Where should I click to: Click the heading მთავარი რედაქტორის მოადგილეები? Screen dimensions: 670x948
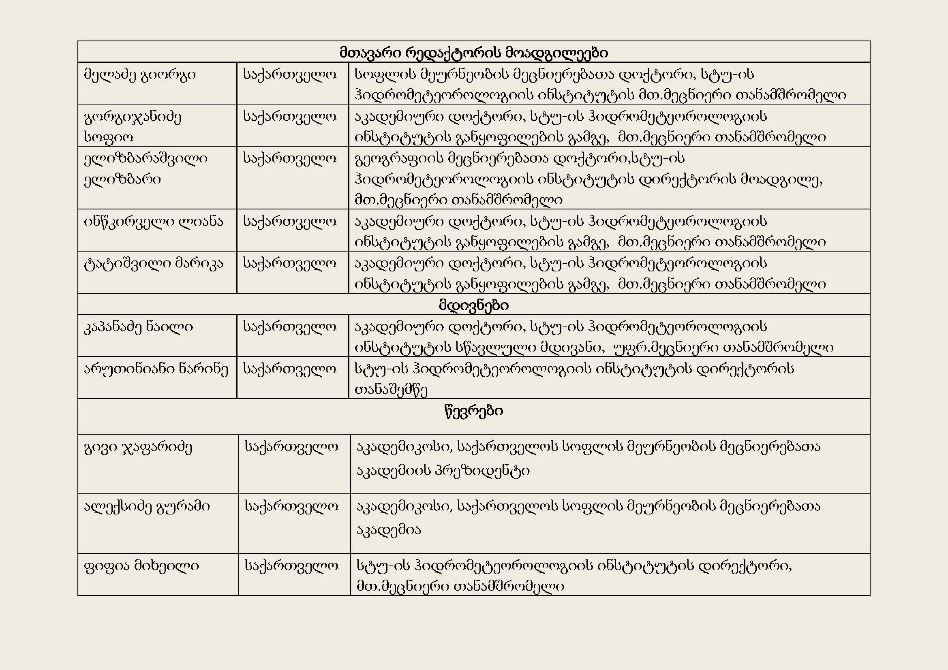coord(473,53)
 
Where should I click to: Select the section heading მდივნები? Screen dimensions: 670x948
coord(473,305)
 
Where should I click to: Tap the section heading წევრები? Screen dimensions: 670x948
coord(473,411)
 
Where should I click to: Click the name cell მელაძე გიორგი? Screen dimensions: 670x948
coord(139,75)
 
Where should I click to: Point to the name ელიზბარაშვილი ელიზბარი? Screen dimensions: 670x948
coord(146,169)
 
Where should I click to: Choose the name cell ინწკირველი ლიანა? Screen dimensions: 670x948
coord(153,222)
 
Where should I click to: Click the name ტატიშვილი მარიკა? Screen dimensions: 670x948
coord(153,263)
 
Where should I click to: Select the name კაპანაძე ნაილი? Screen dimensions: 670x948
coord(138,327)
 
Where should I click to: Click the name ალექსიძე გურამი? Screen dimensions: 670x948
coord(147,506)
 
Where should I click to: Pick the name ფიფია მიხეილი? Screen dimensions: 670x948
coord(141,565)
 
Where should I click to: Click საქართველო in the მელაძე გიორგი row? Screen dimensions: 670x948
coord(289,75)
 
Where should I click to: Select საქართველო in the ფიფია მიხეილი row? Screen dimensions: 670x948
coord(291,565)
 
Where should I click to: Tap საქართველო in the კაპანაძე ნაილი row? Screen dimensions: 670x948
coord(289,327)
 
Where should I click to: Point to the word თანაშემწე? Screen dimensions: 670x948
coord(391,390)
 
